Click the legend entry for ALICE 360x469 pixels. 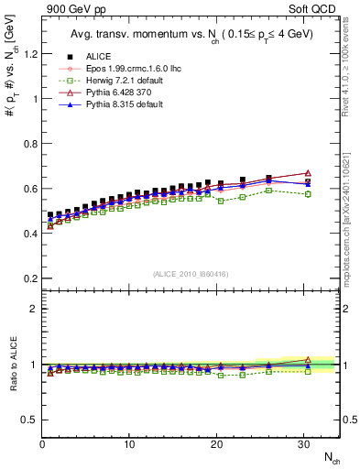click(85, 56)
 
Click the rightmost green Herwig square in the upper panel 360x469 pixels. click(308, 194)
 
